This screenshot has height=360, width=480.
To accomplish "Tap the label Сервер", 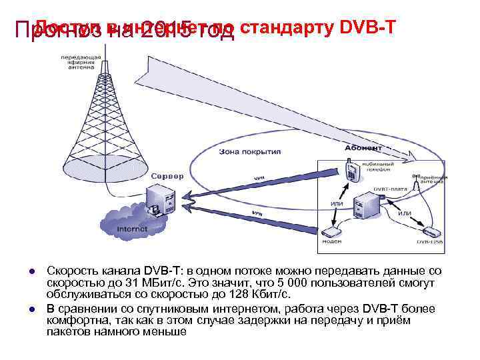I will pos(163,175).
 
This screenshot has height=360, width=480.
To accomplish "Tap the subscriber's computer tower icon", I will pos(366,203).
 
